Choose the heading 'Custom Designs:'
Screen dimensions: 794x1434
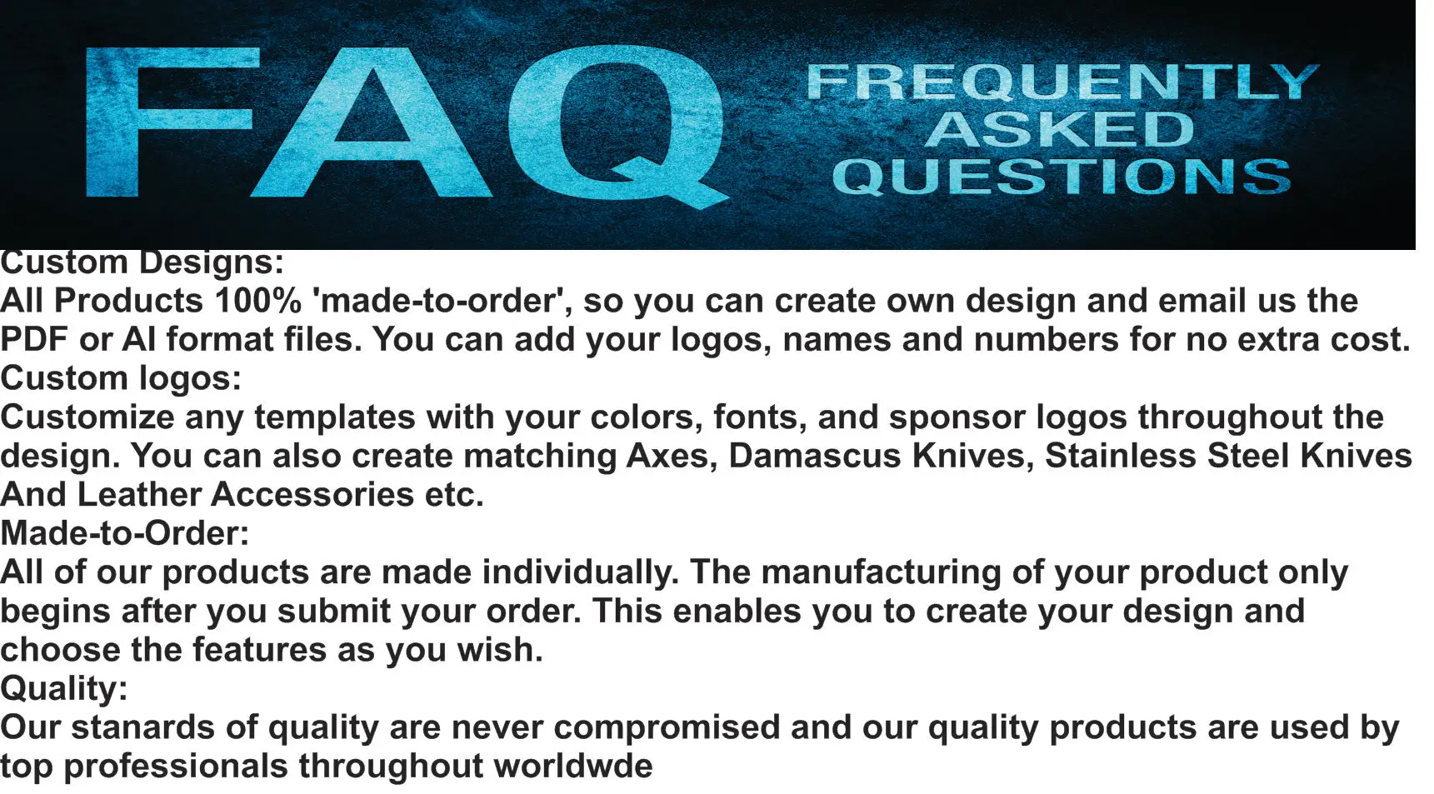point(142,262)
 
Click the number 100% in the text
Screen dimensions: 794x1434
point(257,301)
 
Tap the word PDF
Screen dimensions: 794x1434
point(34,340)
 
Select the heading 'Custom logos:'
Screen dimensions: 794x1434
point(121,378)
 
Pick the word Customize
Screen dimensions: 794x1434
point(87,417)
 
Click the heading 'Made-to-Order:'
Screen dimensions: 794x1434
point(125,533)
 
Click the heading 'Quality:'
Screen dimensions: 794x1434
point(64,689)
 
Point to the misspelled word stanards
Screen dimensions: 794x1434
point(147,727)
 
